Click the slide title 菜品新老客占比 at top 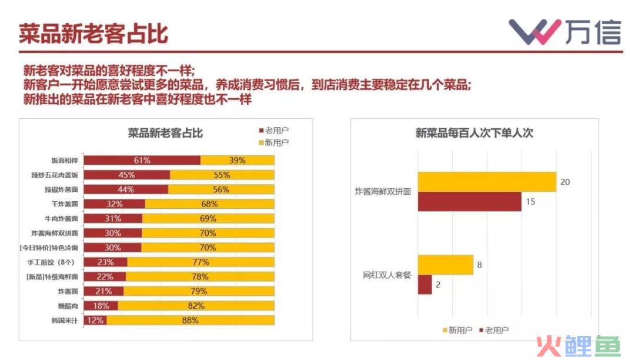93,34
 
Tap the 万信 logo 564,32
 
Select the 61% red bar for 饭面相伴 142,160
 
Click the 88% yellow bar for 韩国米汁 190,321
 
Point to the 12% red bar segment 95,321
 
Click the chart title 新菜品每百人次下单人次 474,133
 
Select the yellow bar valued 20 487,182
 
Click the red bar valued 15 469,201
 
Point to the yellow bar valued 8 445,265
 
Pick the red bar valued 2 425,285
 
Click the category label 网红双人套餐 387,275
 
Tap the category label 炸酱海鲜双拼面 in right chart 383,192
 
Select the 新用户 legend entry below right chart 456,331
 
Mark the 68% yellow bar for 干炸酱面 209,204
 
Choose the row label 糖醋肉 68,306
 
